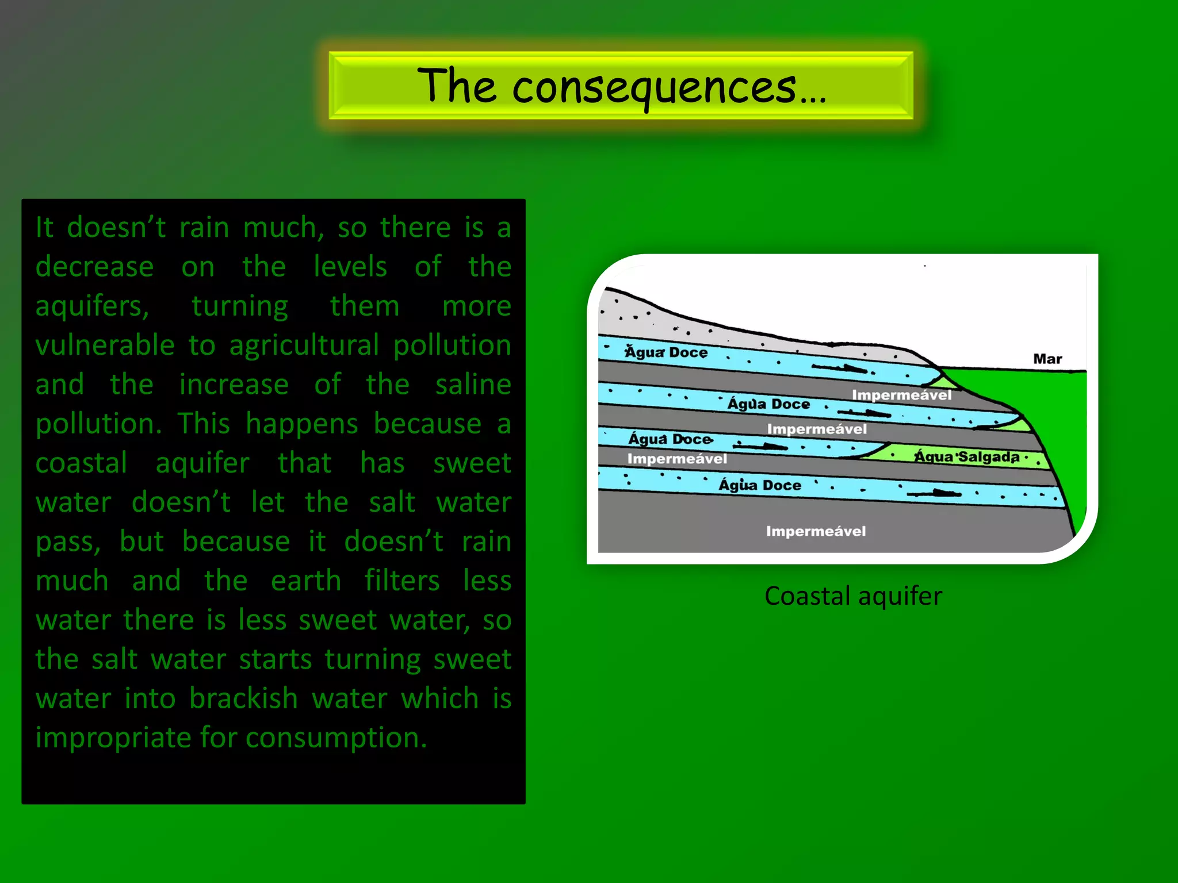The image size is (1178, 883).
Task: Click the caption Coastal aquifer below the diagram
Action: coord(853,596)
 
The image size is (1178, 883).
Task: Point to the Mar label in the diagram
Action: coord(1047,359)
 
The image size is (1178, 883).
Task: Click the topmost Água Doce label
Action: coord(666,352)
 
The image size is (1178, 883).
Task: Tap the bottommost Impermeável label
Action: coord(816,531)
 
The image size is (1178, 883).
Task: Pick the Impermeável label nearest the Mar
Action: coord(901,395)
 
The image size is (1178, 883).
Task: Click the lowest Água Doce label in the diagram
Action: coord(759,485)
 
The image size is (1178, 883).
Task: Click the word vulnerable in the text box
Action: coord(105,345)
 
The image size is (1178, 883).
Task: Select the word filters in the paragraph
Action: coord(401,581)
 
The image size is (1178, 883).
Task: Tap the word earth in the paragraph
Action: coord(305,581)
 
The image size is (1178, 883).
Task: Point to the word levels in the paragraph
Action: coord(350,267)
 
